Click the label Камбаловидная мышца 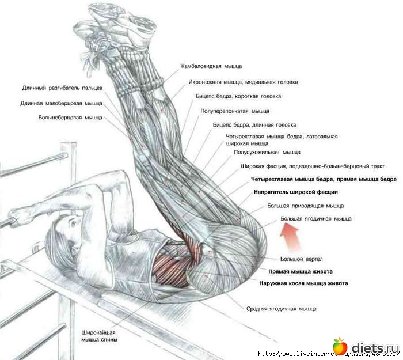211,66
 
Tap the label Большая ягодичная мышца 315,219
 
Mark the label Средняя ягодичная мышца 281,309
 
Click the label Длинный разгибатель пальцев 62,89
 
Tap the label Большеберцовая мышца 70,118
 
